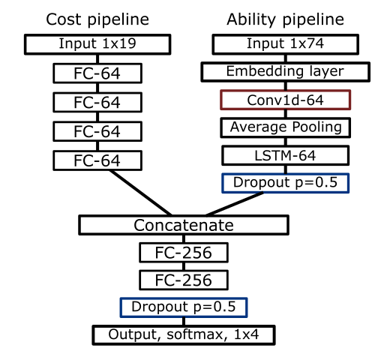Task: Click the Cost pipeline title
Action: pyautogui.click(x=97, y=19)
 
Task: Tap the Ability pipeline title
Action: pyautogui.click(x=285, y=19)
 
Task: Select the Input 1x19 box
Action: pyautogui.click(x=97, y=44)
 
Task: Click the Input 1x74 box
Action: pyautogui.click(x=286, y=44)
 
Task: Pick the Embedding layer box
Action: pyautogui.click(x=286, y=72)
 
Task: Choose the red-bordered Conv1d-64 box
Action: pyautogui.click(x=286, y=100)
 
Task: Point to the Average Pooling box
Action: pyautogui.click(x=286, y=127)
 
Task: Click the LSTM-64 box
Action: pyautogui.click(x=286, y=155)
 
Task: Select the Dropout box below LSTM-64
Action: pyautogui.click(x=286, y=183)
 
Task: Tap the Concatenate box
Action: pyautogui.click(x=184, y=225)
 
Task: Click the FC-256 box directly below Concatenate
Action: pyautogui.click(x=184, y=253)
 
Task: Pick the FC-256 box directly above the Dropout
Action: pyautogui.click(x=184, y=280)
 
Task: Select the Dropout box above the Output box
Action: pyautogui.click(x=184, y=307)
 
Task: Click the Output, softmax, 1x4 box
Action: pyautogui.click(x=184, y=335)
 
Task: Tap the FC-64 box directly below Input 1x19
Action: pyautogui.click(x=97, y=73)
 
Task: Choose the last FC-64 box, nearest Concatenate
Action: pyautogui.click(x=97, y=160)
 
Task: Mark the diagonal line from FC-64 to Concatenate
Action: pyautogui.click(x=140, y=193)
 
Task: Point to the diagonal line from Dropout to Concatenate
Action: pyautogui.click(x=235, y=204)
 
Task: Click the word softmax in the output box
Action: pyautogui.click(x=194, y=334)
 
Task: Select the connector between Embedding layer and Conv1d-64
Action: pyautogui.click(x=286, y=86)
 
